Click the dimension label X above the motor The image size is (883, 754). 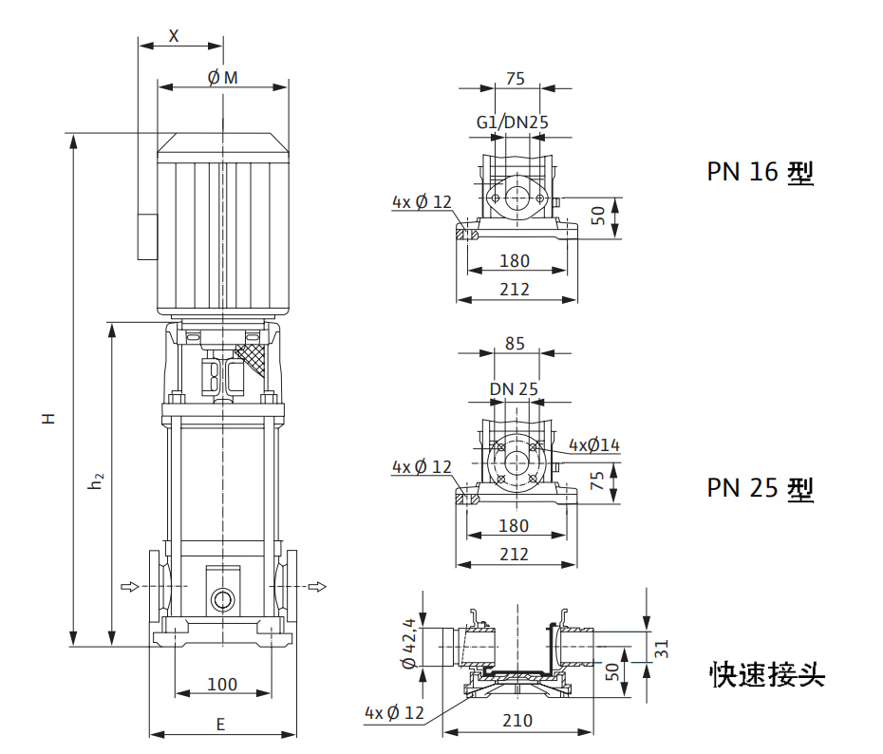(174, 35)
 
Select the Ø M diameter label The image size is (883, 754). (222, 77)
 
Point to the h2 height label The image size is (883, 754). (95, 482)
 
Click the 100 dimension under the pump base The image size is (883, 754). (222, 684)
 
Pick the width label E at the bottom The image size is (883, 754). (220, 724)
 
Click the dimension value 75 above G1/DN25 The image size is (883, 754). (515, 79)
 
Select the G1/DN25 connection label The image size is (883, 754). (513, 123)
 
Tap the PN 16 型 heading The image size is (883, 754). (760, 172)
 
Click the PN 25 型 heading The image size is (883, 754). (760, 488)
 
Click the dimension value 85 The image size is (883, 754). (515, 344)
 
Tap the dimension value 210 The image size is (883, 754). (517, 721)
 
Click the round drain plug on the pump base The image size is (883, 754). (222, 600)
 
